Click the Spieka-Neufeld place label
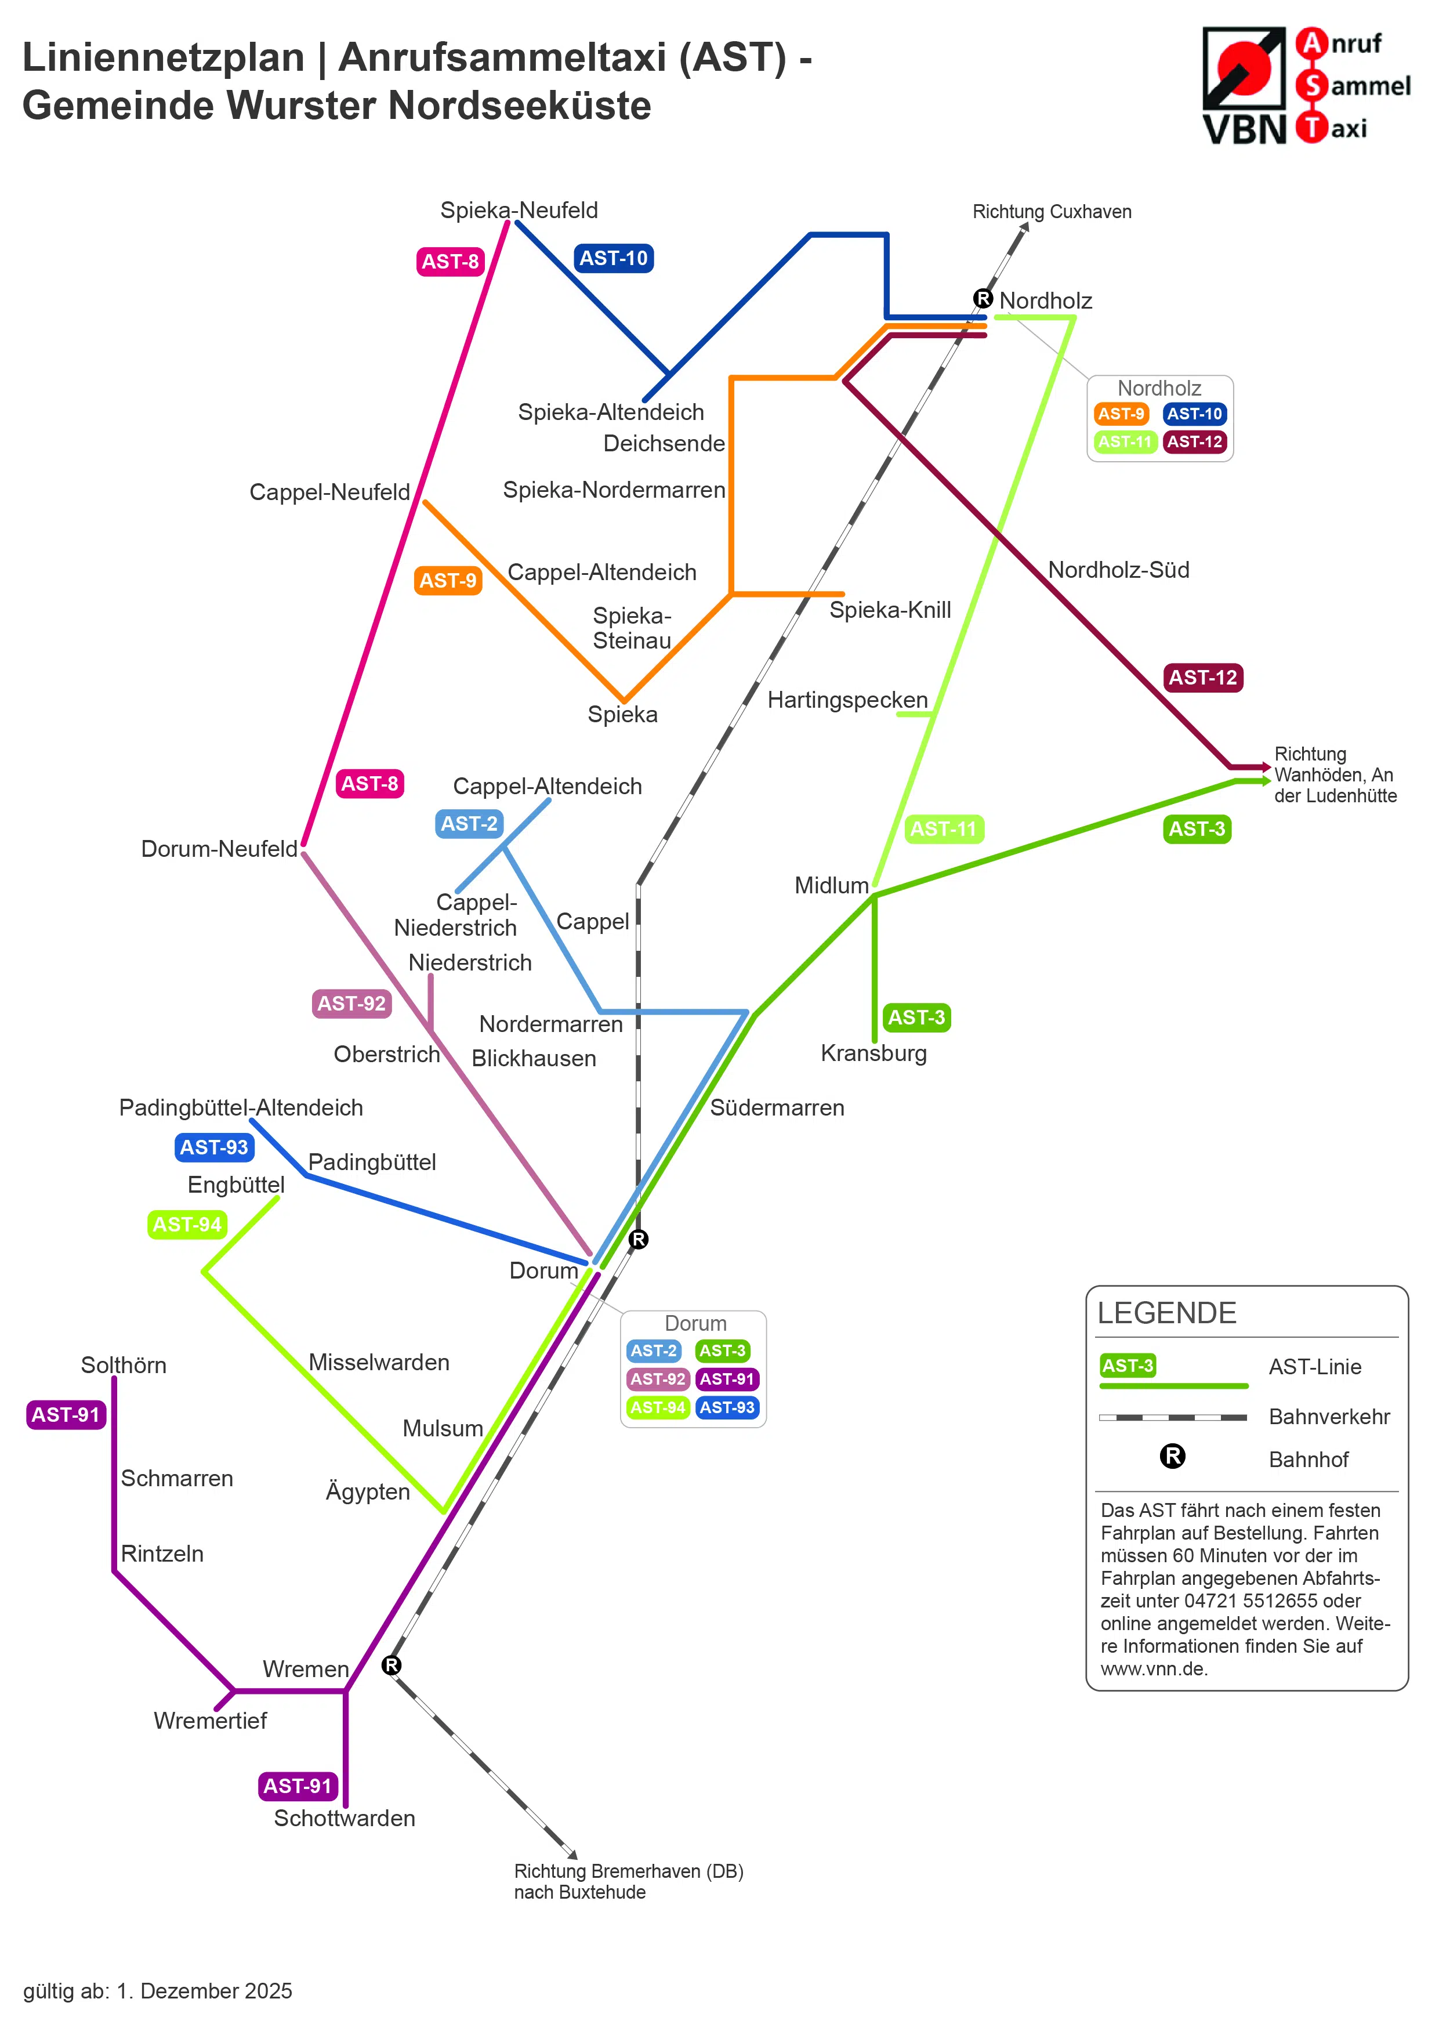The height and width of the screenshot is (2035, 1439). (x=519, y=210)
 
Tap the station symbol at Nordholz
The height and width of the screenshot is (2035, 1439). (x=983, y=299)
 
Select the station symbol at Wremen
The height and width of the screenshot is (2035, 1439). (x=392, y=1665)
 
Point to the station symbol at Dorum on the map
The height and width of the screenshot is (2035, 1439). (x=638, y=1239)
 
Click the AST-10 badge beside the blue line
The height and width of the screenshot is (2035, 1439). (x=613, y=258)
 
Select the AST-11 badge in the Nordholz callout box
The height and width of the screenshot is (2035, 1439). (x=1125, y=441)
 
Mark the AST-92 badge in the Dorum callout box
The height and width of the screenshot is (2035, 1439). (x=658, y=1379)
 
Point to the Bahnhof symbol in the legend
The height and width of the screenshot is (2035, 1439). (x=1172, y=1455)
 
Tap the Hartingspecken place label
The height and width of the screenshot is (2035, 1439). (x=847, y=700)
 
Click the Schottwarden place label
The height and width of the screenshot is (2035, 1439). (x=345, y=1818)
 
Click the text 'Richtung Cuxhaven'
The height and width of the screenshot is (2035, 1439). (x=1052, y=212)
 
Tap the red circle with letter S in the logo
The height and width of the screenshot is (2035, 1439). (x=1311, y=86)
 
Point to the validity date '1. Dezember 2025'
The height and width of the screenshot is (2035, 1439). (x=205, y=1991)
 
